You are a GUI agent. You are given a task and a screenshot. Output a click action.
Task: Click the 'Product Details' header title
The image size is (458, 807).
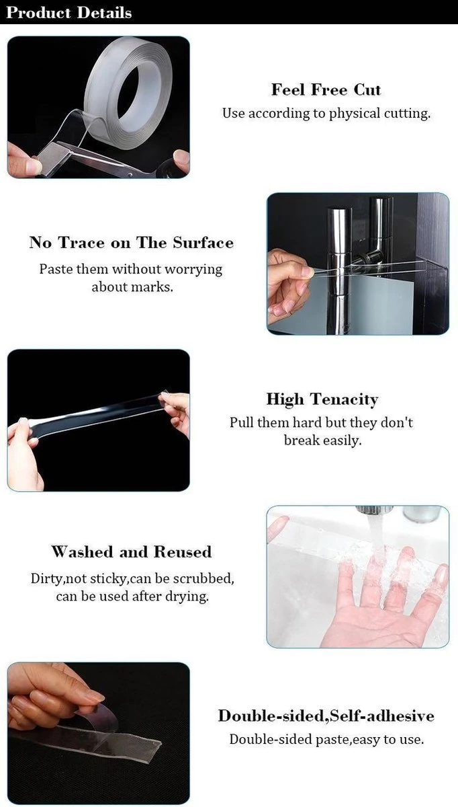68,13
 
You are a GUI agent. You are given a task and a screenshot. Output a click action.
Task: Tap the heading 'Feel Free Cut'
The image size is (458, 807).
326,89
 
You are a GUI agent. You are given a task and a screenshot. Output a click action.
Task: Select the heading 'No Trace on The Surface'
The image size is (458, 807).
132,243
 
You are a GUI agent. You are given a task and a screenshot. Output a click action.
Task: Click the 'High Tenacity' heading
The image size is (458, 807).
322,399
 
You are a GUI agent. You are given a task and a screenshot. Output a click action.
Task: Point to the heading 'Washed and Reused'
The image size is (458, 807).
132,552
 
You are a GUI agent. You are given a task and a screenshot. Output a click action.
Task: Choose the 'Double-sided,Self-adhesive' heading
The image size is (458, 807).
326,716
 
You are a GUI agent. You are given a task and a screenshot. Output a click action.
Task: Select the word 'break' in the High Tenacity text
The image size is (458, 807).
300,440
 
